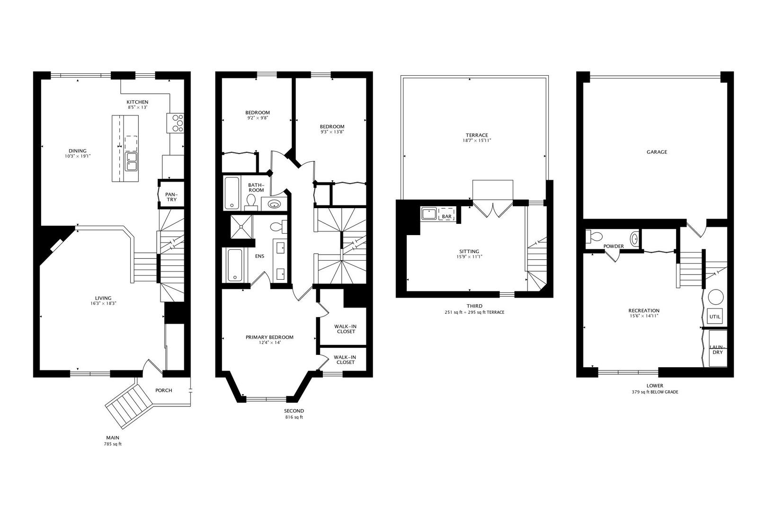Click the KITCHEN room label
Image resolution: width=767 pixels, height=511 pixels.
coord(137,102)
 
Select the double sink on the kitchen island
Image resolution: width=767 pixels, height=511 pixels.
coord(131,161)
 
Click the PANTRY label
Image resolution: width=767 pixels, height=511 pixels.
coord(171,197)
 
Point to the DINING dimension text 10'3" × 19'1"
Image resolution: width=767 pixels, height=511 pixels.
coord(78,156)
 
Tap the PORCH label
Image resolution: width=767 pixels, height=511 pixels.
coord(163,390)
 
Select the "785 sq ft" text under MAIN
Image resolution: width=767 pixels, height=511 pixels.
coord(113,445)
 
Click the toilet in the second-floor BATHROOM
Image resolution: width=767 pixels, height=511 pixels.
coord(250,202)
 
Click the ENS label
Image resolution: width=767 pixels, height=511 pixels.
coord(259,256)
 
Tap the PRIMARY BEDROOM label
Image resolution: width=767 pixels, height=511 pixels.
coord(269,337)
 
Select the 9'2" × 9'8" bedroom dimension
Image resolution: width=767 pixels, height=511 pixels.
coord(257,118)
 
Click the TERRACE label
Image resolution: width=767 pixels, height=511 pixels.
coord(476,135)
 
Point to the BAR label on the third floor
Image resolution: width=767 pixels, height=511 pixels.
coord(446,217)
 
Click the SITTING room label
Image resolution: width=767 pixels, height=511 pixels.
coord(469,251)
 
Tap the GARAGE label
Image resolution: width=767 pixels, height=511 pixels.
coord(657,152)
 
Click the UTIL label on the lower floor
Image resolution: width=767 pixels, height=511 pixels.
coord(714,317)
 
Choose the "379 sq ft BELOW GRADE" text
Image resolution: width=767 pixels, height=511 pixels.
coord(655,392)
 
